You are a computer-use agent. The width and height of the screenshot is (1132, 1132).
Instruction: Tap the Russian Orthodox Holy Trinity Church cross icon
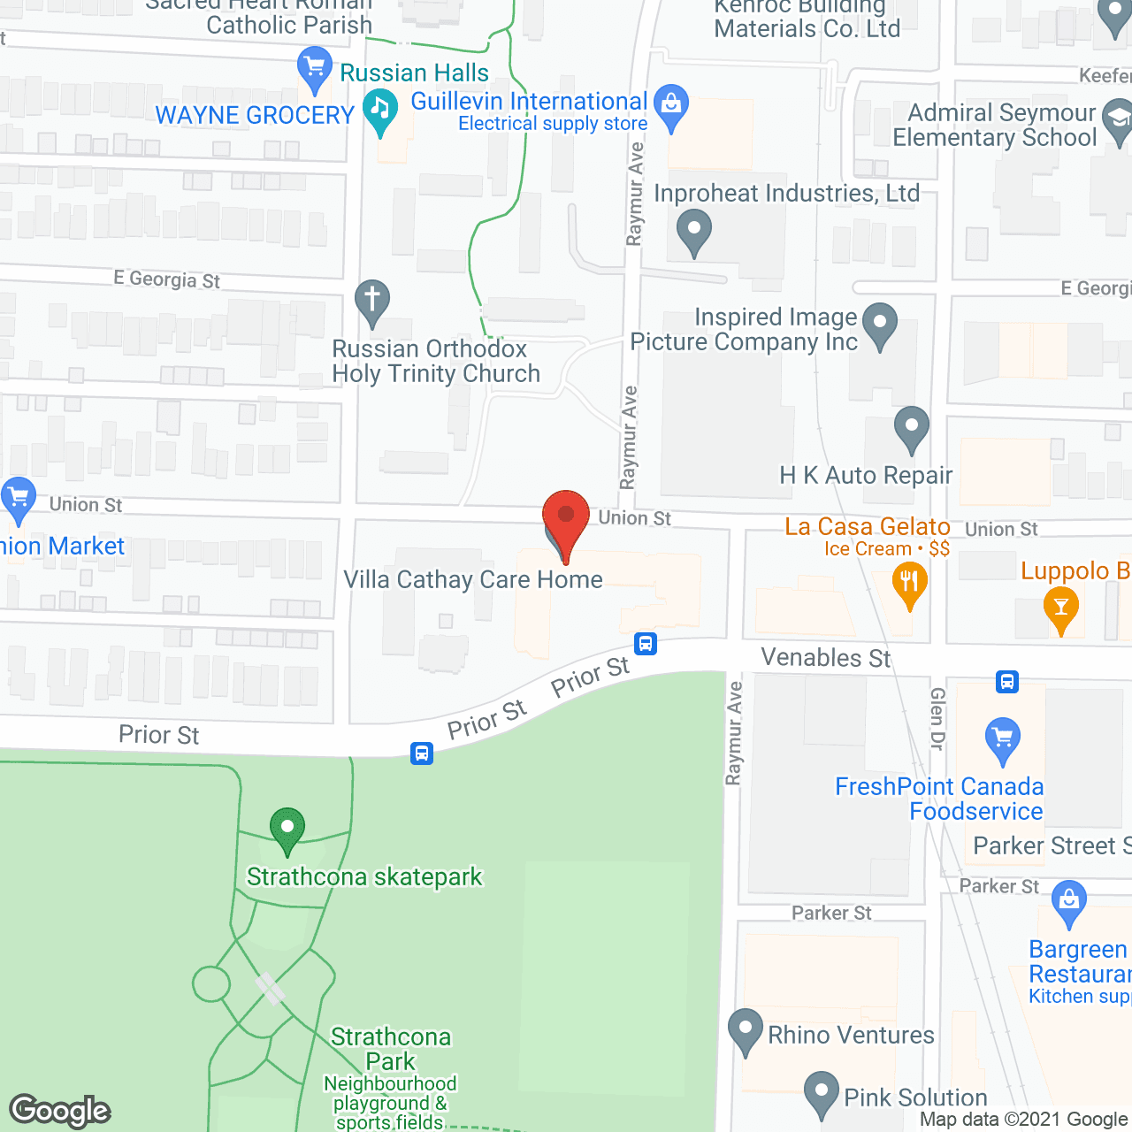[372, 301]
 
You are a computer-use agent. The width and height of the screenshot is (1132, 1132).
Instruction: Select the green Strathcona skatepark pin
[287, 830]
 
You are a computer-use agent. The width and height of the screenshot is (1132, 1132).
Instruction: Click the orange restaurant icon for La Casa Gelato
[909, 585]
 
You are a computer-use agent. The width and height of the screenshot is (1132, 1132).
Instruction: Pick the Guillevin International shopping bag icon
[671, 107]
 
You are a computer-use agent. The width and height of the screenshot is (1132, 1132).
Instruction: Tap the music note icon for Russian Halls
[380, 111]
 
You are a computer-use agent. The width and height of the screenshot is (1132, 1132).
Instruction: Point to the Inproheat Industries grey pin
[694, 231]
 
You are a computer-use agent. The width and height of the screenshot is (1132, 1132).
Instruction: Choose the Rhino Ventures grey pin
[745, 1029]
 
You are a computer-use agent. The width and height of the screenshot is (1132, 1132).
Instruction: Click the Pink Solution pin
[822, 1092]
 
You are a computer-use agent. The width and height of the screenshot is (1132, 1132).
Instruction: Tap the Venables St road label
[826, 658]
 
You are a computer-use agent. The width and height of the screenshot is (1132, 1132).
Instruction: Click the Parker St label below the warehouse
[831, 913]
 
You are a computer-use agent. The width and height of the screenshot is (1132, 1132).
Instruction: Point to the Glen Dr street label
[937, 718]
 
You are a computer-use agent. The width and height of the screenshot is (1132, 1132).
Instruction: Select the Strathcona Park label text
[391, 1049]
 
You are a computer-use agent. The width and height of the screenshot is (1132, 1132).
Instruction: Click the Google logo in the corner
[60, 1111]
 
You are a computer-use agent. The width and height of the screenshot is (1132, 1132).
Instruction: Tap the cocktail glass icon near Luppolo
[1060, 608]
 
